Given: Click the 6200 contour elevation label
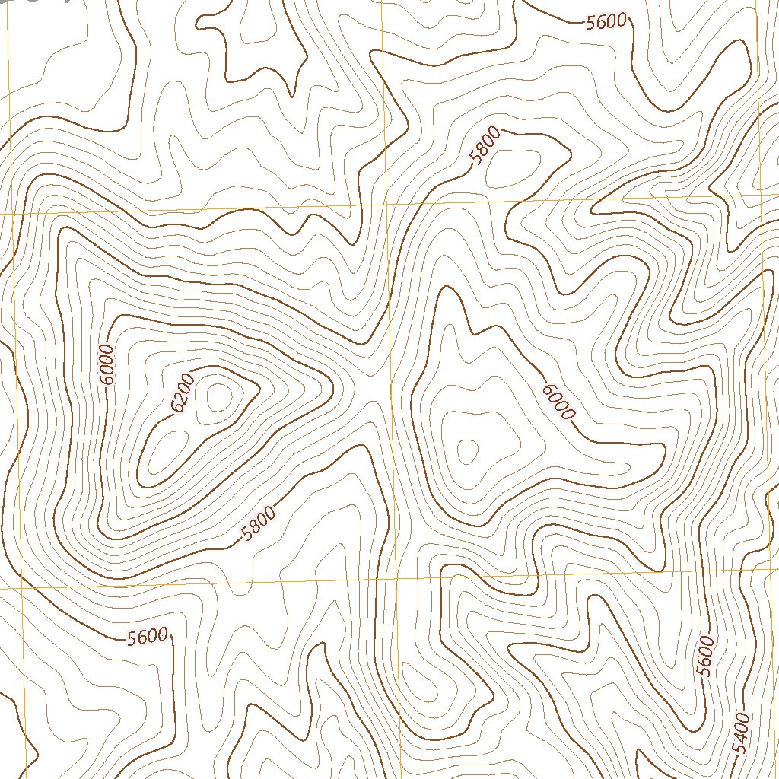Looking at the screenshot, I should [x=183, y=393].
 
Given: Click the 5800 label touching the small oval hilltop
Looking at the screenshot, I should [x=485, y=146].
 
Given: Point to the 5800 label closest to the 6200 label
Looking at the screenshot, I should [x=257, y=525].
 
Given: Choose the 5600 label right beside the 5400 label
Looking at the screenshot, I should [x=705, y=655].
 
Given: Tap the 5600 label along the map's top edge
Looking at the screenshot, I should [x=606, y=22].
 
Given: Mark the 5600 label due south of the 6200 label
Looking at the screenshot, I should [x=147, y=636].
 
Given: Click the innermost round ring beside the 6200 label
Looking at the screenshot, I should [x=219, y=396].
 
